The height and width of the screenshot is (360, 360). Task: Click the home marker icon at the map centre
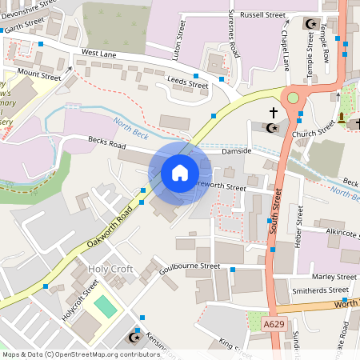[x=180, y=173]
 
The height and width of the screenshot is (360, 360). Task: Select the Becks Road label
[x=107, y=146]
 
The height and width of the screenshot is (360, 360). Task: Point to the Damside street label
[x=237, y=150]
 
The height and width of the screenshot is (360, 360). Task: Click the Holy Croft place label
[x=110, y=270]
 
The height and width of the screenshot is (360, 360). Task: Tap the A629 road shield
[x=274, y=324]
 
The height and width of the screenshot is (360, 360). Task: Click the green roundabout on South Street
[x=293, y=99]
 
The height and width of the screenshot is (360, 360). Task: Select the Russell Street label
[x=265, y=14]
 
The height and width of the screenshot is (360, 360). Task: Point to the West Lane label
[x=99, y=53]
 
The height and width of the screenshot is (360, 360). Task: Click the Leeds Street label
[x=188, y=82]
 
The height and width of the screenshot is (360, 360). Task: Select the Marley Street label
[x=334, y=276]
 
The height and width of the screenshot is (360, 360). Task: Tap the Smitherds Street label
[x=321, y=290]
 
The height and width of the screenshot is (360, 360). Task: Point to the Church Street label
[x=313, y=127]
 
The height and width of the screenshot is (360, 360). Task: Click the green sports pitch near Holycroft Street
[x=105, y=306]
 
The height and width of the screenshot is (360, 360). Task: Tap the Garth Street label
[x=22, y=24]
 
